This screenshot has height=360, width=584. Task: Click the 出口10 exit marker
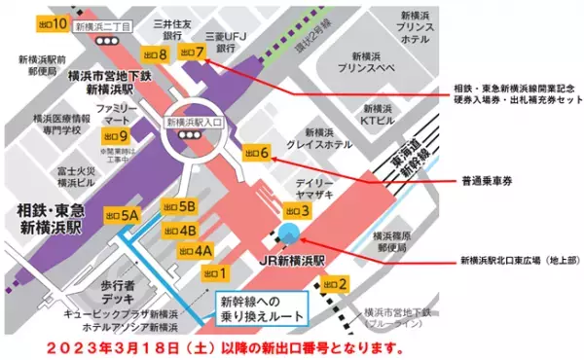pos(50,22)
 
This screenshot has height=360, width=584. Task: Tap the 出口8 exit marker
pos(155,53)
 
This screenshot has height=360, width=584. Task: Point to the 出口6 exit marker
pos(257,151)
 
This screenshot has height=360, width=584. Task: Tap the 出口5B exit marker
pos(180,206)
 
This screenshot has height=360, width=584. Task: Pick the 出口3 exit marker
pos(297,210)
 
